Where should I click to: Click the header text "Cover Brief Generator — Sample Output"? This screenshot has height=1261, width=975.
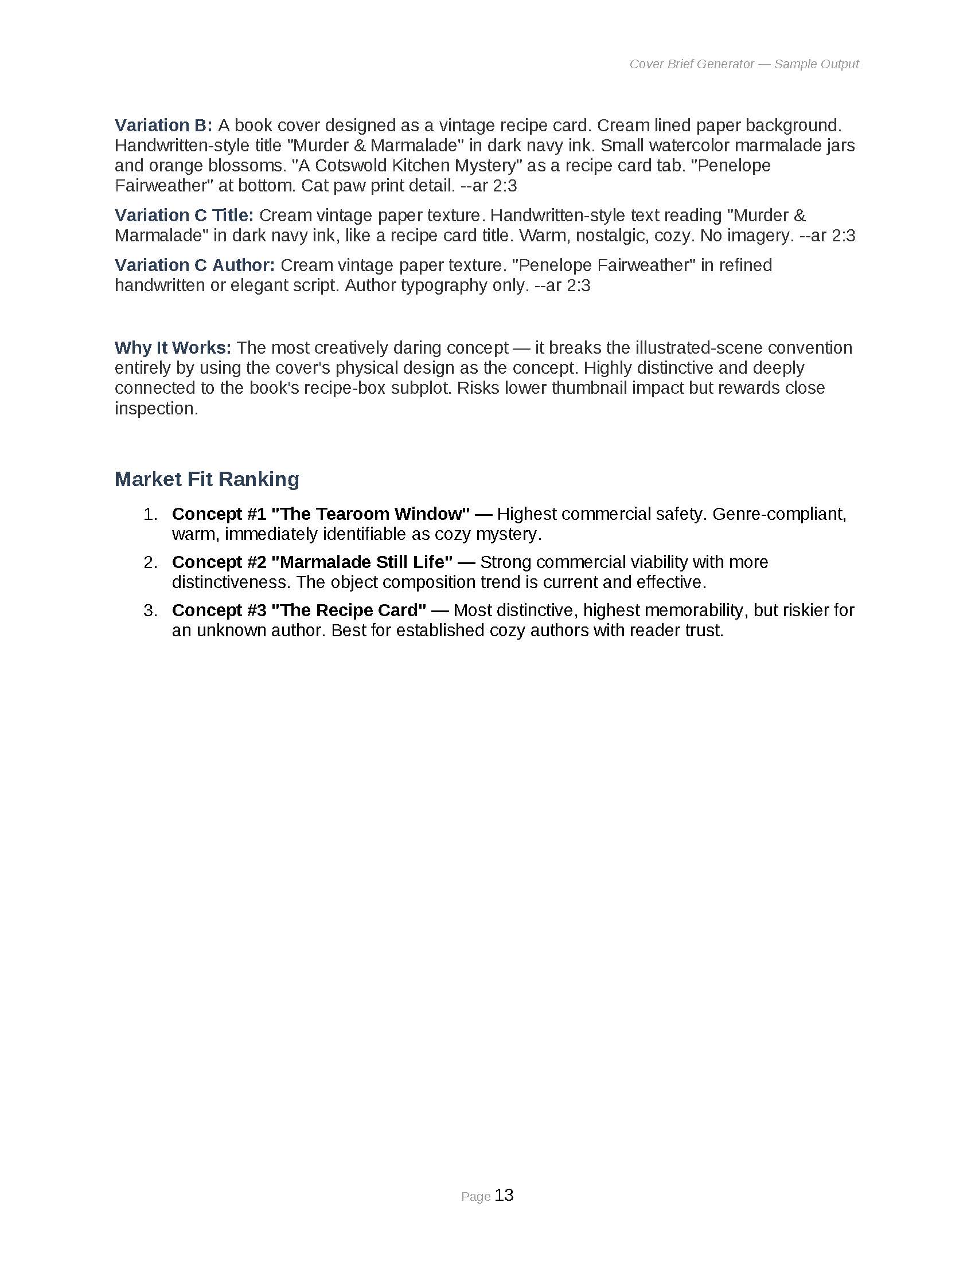[x=743, y=64]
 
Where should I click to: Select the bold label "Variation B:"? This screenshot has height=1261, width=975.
[x=163, y=126]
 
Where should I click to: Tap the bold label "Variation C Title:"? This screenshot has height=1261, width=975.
[x=184, y=216]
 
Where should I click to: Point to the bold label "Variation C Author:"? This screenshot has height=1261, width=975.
[x=194, y=265]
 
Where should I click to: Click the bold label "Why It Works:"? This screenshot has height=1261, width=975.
[x=173, y=347]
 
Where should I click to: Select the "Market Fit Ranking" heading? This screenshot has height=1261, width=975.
[x=207, y=479]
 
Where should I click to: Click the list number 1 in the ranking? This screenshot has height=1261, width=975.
[x=150, y=514]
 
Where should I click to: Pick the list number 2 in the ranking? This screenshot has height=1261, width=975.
[x=150, y=562]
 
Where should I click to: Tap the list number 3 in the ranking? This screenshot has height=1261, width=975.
[x=150, y=610]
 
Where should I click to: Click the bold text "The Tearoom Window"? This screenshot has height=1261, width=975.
[x=370, y=514]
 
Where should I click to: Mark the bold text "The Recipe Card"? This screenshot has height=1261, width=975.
[x=349, y=610]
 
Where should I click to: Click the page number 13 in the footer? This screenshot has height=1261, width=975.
[x=504, y=1195]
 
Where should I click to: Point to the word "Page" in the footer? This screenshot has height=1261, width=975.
[x=476, y=1197]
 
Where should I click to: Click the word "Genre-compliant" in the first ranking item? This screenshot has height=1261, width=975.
[x=779, y=514]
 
